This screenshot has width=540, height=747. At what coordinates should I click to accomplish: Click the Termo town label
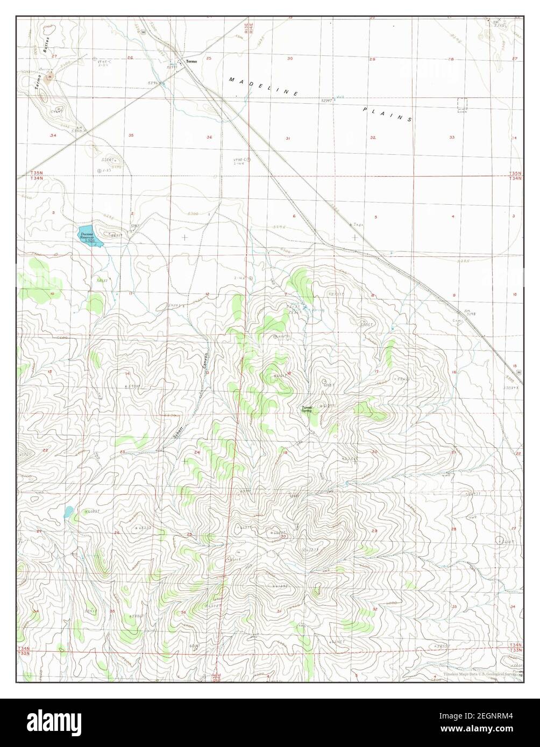[x=192, y=61]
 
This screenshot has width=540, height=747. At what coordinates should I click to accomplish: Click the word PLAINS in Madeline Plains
[x=387, y=113]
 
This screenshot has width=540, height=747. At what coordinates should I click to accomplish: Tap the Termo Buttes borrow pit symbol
[x=50, y=77]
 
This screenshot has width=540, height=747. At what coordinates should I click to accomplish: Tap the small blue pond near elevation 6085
[x=68, y=512]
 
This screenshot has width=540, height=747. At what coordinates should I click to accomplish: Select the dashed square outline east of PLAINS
[x=462, y=104]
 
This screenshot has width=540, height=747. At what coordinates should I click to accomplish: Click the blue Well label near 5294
[x=339, y=97]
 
